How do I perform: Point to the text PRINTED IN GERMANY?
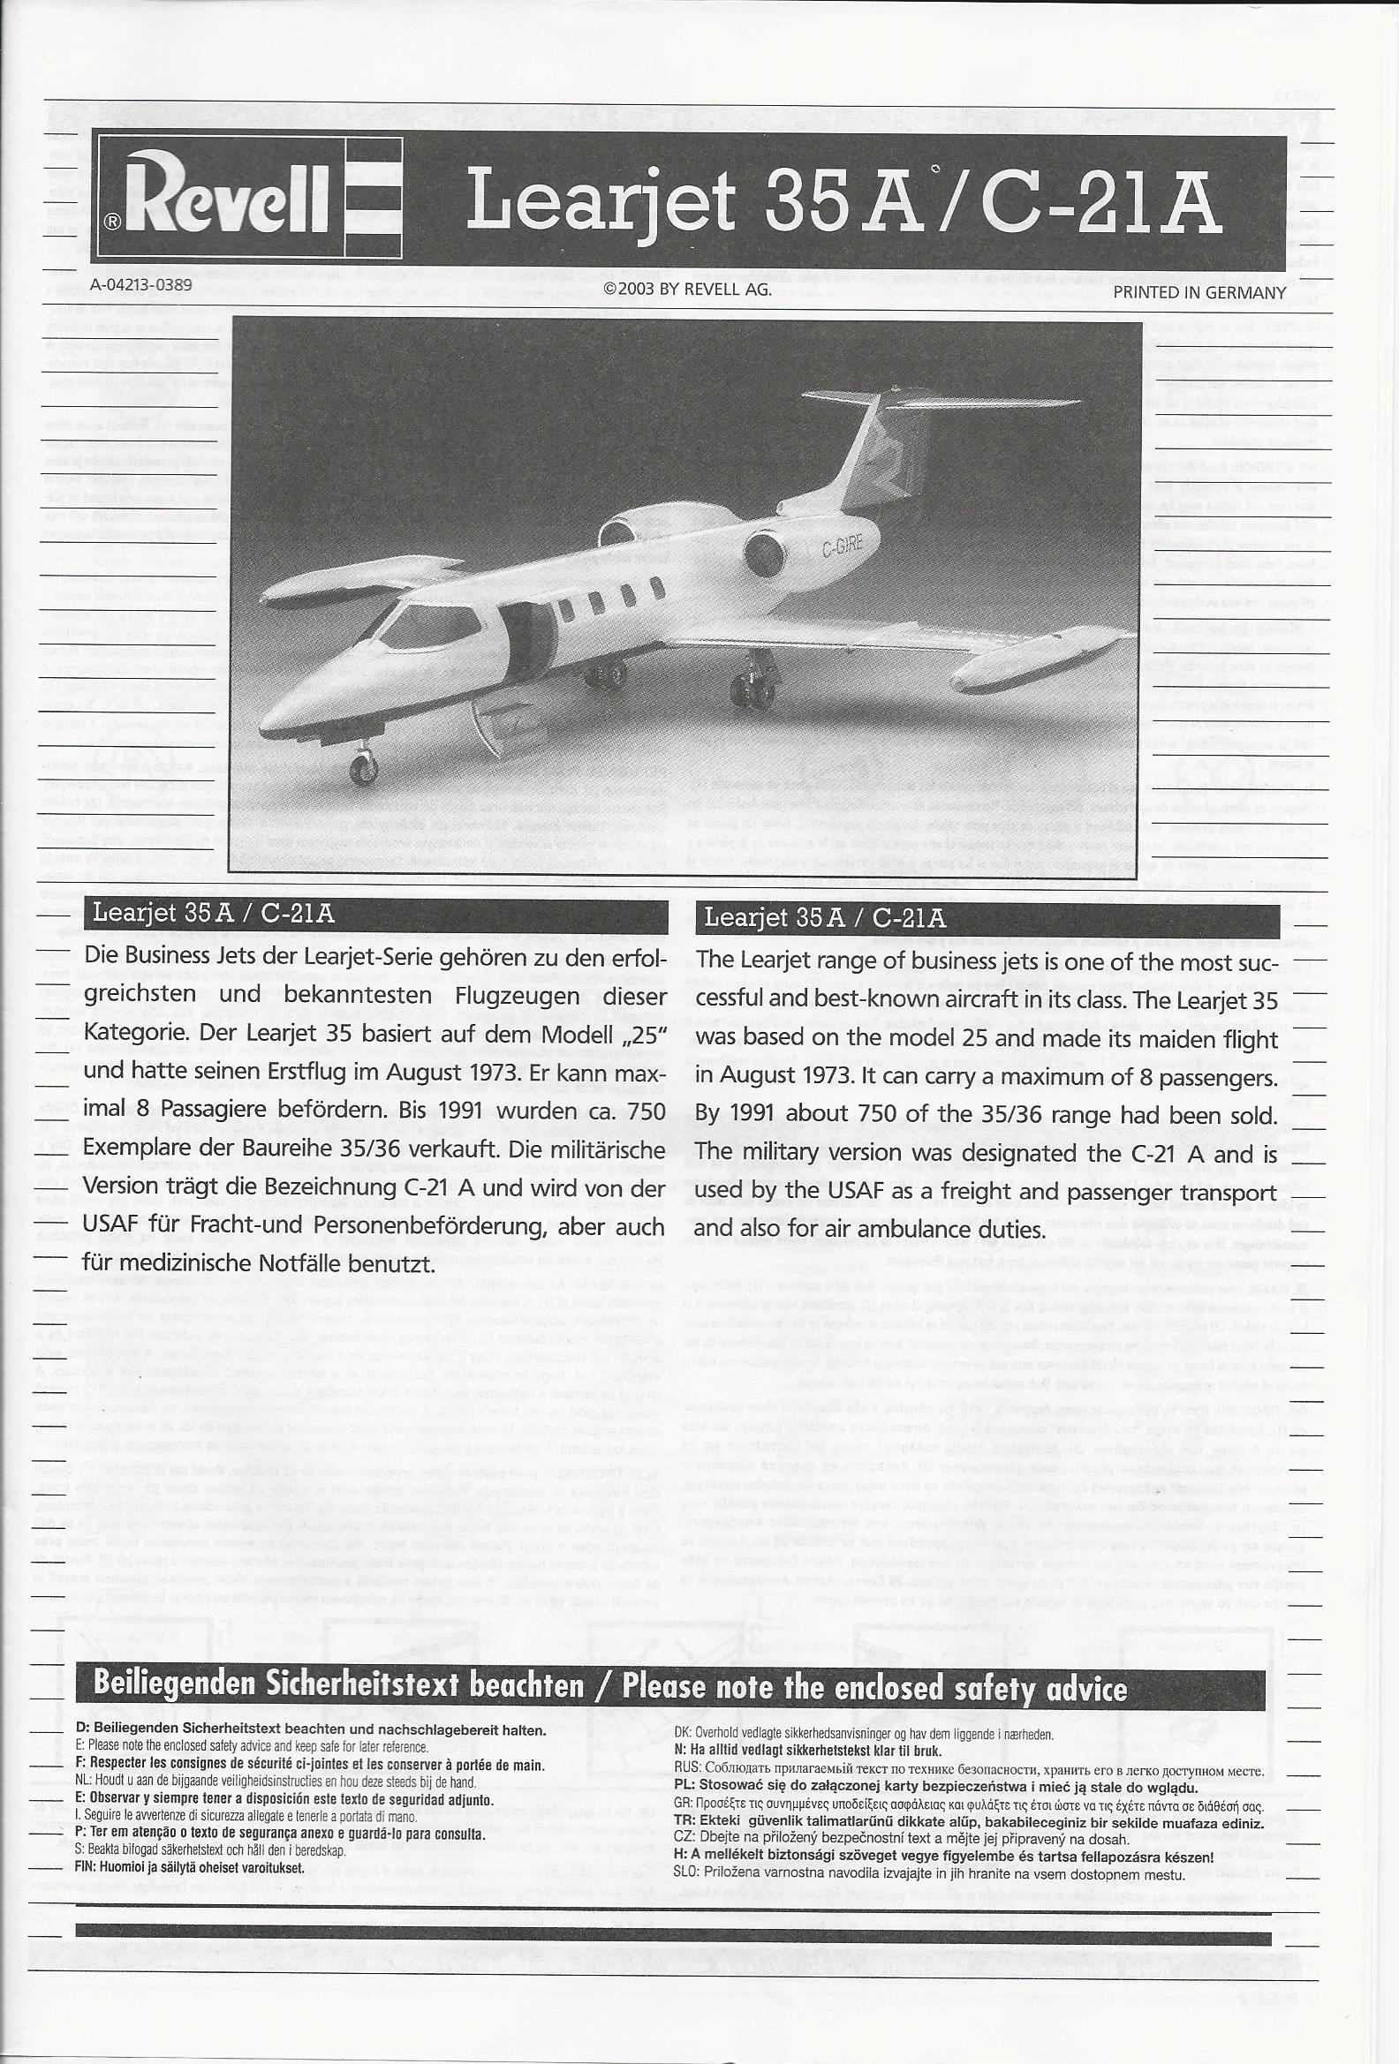coord(1199,291)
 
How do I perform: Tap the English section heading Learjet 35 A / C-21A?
coord(823,917)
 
